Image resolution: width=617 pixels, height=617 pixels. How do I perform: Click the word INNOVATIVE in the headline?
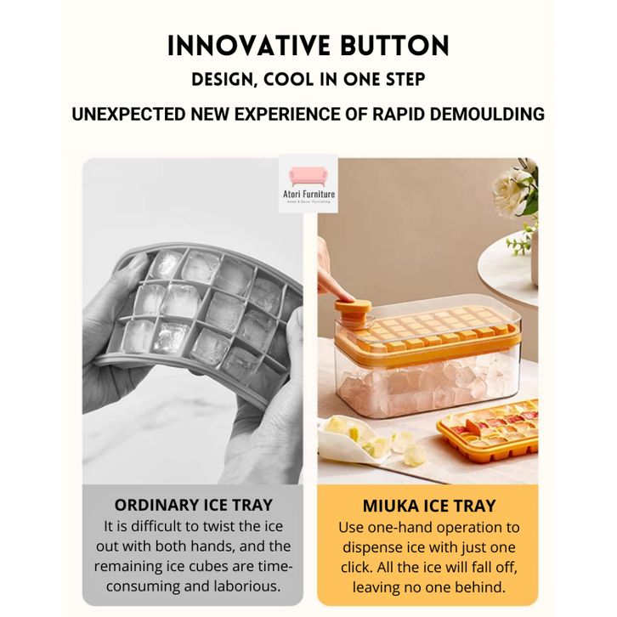(250, 46)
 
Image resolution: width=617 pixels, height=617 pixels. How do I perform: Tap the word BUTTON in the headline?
(394, 46)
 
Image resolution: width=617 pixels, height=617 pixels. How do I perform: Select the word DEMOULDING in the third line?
(487, 114)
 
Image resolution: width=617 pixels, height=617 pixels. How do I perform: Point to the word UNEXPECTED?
(128, 114)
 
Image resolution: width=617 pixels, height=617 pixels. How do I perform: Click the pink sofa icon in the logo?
(308, 177)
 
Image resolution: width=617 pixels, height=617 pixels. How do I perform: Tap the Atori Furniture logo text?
(308, 194)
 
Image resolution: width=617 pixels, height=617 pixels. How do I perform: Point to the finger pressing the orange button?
(334, 286)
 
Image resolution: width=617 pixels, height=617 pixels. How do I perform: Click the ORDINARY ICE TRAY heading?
(194, 505)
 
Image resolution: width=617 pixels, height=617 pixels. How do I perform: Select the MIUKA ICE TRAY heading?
(429, 506)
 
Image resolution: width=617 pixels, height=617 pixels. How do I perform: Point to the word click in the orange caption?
(356, 568)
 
